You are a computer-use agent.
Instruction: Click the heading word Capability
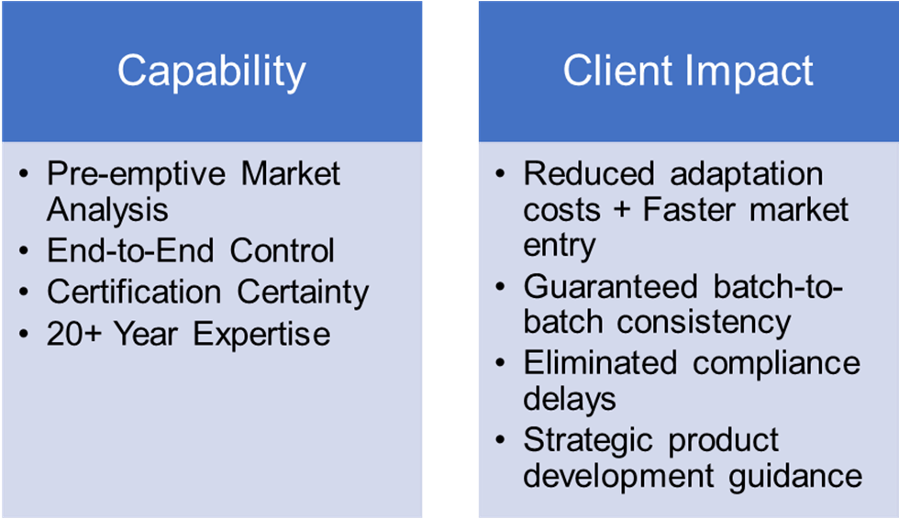pos(212,72)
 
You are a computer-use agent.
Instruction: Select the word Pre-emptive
pos(137,175)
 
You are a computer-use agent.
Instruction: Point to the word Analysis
pos(108,210)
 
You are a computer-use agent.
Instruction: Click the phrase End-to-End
pos(130,250)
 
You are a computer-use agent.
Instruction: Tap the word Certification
pos(134,292)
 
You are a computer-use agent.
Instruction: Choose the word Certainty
pos(303,293)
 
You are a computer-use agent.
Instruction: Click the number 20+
pos(74,334)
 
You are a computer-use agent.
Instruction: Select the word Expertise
pos(261,336)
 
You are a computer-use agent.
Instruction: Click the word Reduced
pos(589,173)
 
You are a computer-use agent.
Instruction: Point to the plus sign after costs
pos(622,210)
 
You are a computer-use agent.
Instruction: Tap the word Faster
pos(689,209)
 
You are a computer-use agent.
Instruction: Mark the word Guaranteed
pos(611,286)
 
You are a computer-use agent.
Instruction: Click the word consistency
pos(705,324)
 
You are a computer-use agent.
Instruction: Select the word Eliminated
pos(600,363)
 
